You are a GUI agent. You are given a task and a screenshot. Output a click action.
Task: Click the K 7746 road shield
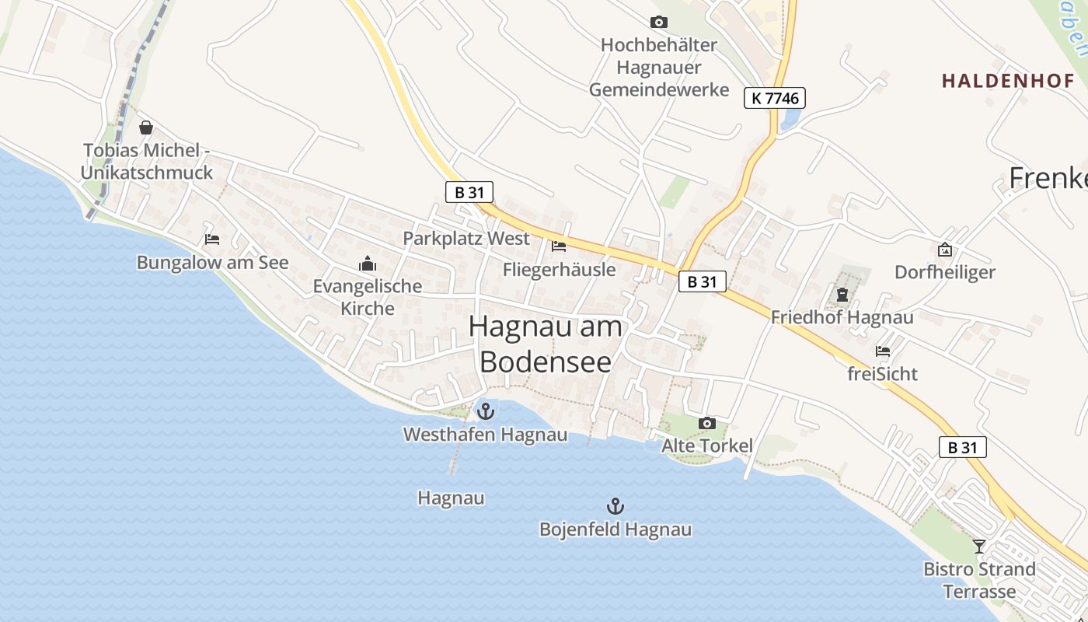pos(775,98)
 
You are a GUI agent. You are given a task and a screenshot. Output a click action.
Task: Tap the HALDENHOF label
pos(1008,81)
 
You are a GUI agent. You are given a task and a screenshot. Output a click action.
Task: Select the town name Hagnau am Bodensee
pos(546,344)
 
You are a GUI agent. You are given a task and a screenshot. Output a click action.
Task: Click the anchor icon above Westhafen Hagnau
pos(486,411)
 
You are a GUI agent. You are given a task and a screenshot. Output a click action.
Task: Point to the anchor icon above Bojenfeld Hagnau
pos(615,507)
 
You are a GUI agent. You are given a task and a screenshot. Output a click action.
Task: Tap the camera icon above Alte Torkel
pos(707,424)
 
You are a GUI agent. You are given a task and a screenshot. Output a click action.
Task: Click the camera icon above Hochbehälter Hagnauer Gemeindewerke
pos(659,23)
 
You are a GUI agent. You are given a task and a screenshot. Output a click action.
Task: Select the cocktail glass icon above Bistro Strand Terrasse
pos(979,547)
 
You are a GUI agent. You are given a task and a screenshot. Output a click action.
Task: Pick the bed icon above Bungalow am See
pos(212,239)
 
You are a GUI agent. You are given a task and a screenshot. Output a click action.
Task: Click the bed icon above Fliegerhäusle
pos(559,247)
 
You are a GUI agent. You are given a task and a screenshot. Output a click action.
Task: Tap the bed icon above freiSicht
pos(883,351)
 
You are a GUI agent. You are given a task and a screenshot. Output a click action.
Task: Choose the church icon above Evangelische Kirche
pos(368,264)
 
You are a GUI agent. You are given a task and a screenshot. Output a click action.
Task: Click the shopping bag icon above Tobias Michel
pos(146,128)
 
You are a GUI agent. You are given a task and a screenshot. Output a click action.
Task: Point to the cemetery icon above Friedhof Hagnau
pos(842,295)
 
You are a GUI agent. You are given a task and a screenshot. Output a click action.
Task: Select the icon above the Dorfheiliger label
pos(945,250)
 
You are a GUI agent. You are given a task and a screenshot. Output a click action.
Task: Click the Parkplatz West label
pos(466,239)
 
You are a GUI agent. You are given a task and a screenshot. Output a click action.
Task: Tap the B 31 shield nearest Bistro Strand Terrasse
pos(963,447)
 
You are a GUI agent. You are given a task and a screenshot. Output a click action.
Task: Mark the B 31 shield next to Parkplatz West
pos(469,192)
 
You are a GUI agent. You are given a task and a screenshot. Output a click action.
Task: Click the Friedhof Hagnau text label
pos(842,317)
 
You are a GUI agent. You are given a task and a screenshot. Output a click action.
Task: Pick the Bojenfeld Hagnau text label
pos(615,530)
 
